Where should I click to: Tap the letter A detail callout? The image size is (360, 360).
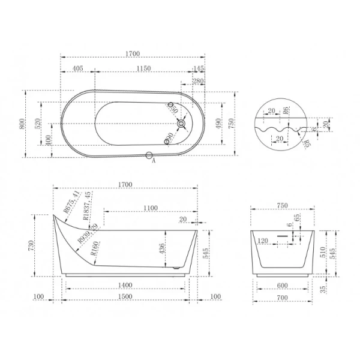(154, 161)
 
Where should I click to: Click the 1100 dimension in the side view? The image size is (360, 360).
(151, 208)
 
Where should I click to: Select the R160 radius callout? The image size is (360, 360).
(95, 247)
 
